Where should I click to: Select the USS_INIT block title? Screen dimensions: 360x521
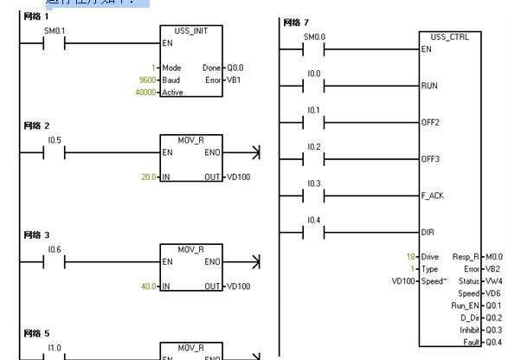click(x=191, y=30)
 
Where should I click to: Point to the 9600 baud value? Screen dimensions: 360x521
click(x=148, y=80)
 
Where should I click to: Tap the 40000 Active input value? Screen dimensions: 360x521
click(x=146, y=92)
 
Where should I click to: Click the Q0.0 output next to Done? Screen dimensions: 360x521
click(x=235, y=67)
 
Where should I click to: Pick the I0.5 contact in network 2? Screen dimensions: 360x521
click(x=55, y=152)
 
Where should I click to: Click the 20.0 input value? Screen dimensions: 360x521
click(x=149, y=177)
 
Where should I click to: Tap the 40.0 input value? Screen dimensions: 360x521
click(x=149, y=286)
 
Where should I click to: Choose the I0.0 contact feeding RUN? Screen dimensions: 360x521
click(x=314, y=86)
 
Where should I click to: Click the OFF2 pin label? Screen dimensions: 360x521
click(x=430, y=123)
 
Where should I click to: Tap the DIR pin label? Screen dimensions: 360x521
click(x=428, y=233)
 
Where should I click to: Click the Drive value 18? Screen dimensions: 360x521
click(x=411, y=257)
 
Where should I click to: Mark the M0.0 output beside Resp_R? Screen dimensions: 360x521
click(x=494, y=257)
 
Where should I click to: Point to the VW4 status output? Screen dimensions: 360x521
click(x=493, y=281)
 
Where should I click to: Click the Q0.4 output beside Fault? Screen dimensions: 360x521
click(x=493, y=343)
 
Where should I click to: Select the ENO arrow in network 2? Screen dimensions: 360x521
click(x=254, y=152)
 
